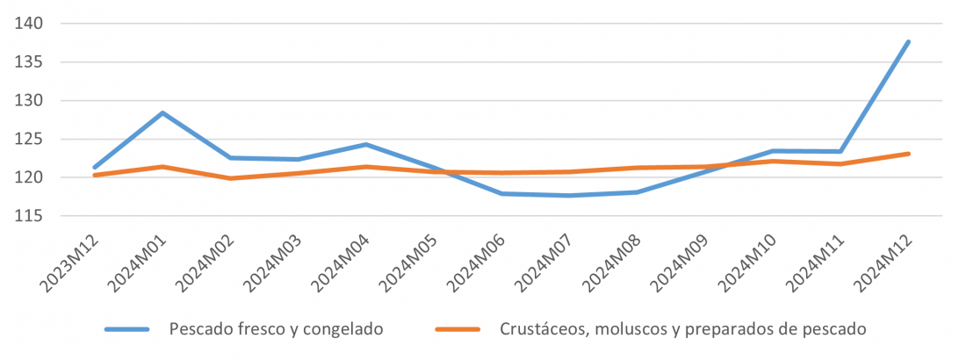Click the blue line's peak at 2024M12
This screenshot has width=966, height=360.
click(909, 41)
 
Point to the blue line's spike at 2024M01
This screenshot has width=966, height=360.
click(162, 112)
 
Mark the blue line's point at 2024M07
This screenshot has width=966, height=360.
click(569, 196)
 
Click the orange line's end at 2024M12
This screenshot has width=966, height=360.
click(909, 154)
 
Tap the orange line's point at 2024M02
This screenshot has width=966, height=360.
click(230, 178)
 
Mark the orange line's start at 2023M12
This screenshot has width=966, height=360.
click(94, 175)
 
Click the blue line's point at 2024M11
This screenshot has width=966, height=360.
click(840, 151)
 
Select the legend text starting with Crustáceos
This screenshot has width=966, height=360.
click(683, 329)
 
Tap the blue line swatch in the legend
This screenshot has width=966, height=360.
click(131, 329)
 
